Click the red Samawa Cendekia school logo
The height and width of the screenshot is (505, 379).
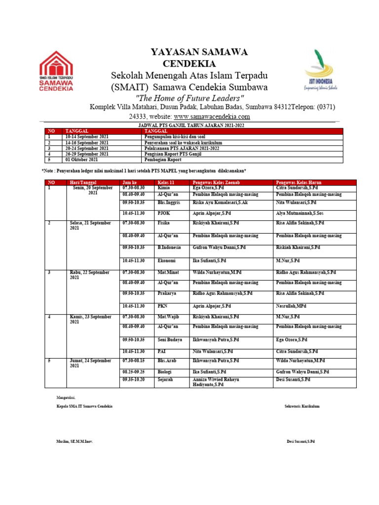click(x=56, y=71)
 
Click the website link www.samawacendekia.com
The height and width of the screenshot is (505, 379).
click(x=212, y=117)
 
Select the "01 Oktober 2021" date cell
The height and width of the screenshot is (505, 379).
click(x=82, y=160)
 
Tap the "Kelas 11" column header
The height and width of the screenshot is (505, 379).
click(x=166, y=182)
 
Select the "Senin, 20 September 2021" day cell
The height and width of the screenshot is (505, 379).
click(x=93, y=191)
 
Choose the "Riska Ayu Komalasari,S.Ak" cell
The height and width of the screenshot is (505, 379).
click(x=220, y=203)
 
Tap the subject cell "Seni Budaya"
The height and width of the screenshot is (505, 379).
click(x=170, y=340)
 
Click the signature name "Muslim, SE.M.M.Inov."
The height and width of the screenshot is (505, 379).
click(x=75, y=441)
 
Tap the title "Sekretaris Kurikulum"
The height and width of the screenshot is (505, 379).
click(x=302, y=406)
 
